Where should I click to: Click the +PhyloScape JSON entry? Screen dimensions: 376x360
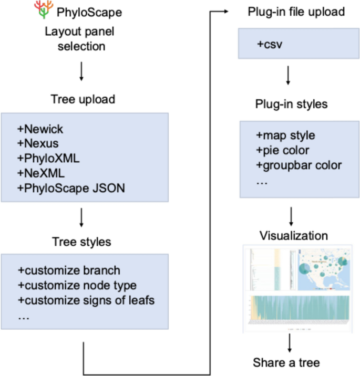point(71,187)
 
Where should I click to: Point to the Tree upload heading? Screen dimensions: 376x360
point(83,100)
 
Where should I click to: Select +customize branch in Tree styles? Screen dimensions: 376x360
point(69,270)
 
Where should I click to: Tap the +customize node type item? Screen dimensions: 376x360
point(77,285)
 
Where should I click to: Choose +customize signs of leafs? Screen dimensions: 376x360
point(87,300)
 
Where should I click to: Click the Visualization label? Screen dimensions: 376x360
point(290,235)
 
